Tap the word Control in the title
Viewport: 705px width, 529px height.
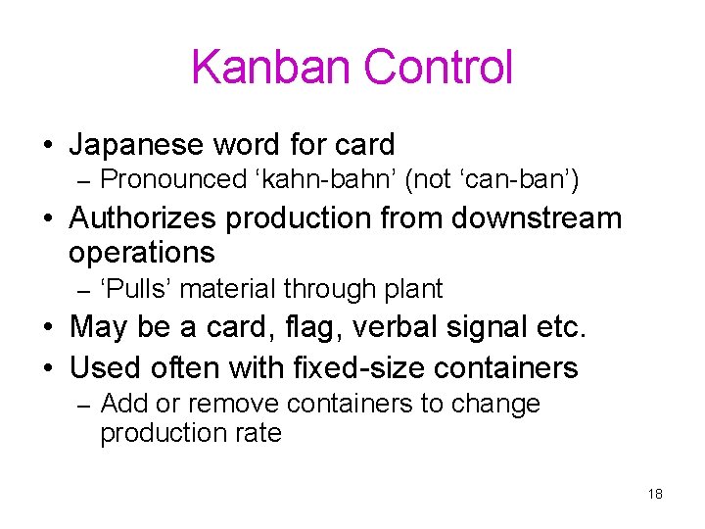click(438, 68)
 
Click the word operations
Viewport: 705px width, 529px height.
click(141, 253)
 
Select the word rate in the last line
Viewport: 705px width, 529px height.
click(258, 433)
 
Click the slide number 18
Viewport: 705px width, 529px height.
click(655, 494)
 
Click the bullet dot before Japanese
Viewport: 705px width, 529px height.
click(47, 147)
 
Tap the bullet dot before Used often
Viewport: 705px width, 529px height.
click(47, 369)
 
